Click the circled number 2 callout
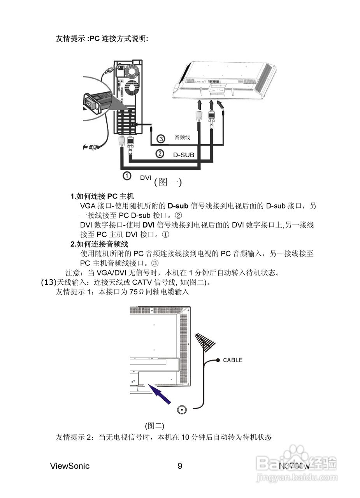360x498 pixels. click(x=160, y=154)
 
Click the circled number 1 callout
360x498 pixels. click(x=127, y=176)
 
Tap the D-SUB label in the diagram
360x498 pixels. click(x=183, y=155)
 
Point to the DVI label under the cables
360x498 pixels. click(x=146, y=177)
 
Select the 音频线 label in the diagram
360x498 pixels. click(x=182, y=137)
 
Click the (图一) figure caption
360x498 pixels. click(x=168, y=182)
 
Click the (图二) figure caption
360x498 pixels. click(x=155, y=426)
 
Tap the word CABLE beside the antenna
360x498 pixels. click(x=232, y=360)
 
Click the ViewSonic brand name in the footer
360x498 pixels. click(x=70, y=466)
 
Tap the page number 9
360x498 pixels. click(x=180, y=466)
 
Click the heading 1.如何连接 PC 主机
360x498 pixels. click(x=102, y=196)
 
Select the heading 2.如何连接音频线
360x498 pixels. click(x=99, y=244)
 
